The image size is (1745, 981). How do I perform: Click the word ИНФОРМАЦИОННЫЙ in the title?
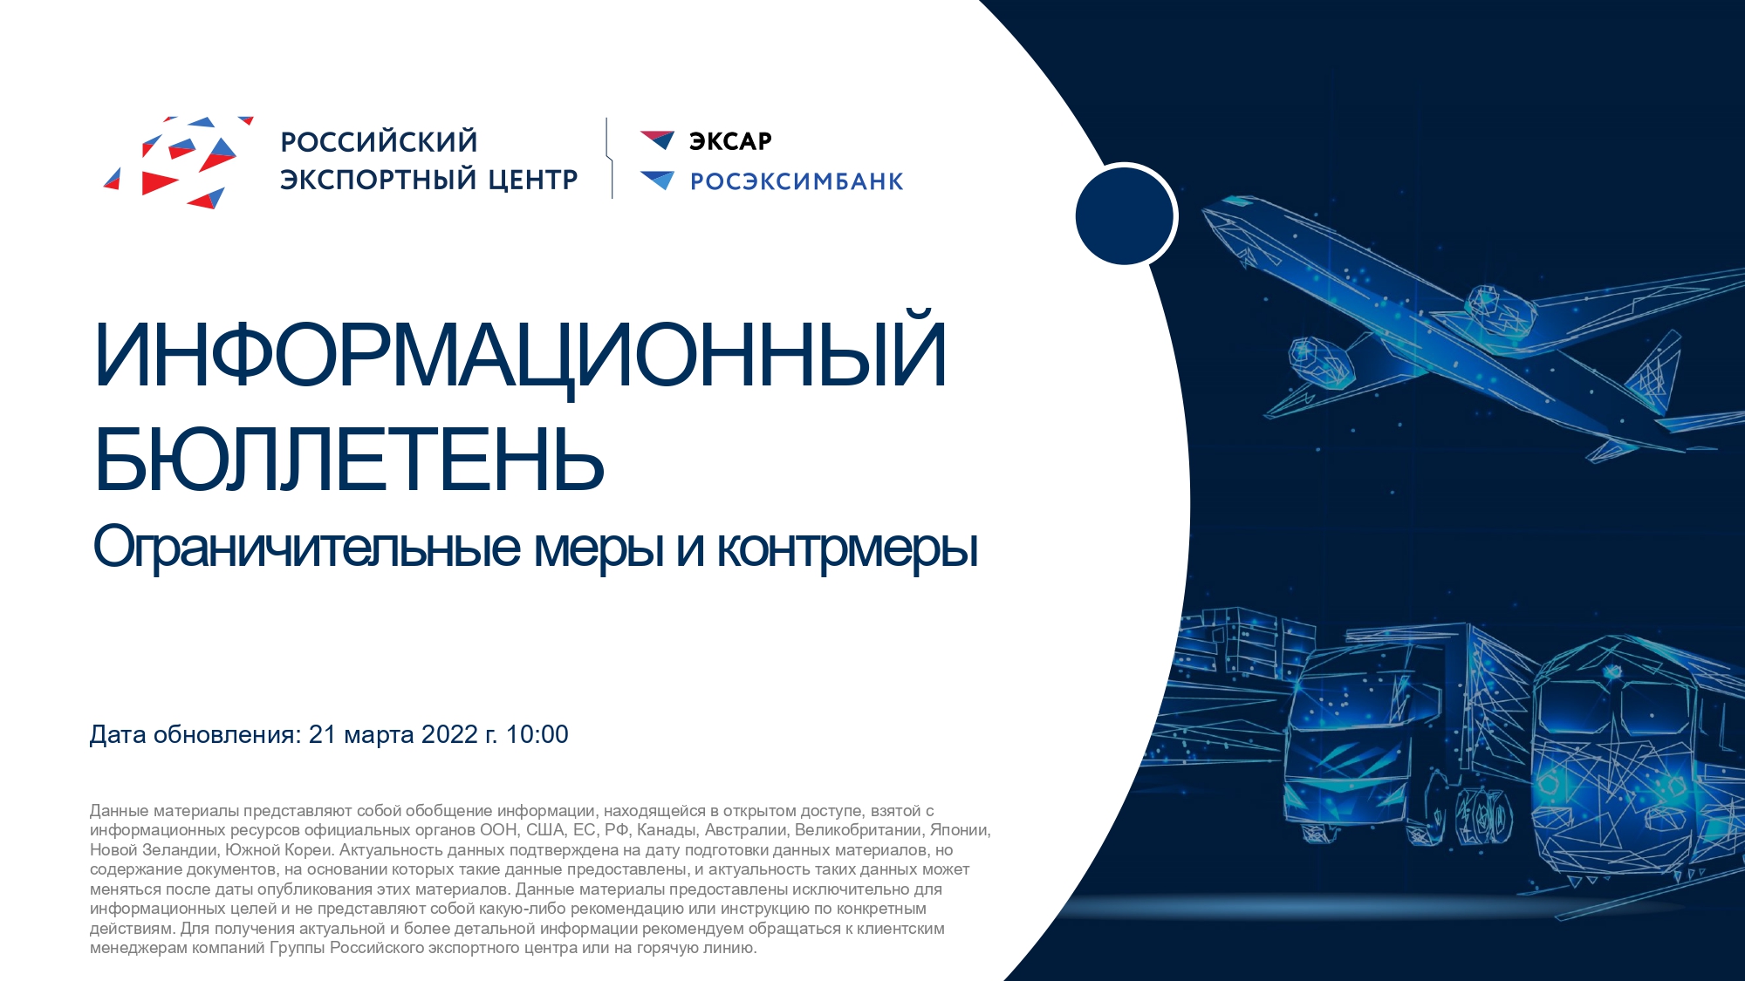pyautogui.click(x=520, y=352)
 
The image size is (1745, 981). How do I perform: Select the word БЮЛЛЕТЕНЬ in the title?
pyautogui.click(x=349, y=460)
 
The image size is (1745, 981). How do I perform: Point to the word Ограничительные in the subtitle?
pyautogui.click(x=307, y=548)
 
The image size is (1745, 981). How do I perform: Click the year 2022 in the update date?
pyautogui.click(x=449, y=734)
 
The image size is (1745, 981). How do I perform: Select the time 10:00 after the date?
pyautogui.click(x=537, y=734)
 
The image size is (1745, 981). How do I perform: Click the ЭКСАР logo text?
pyautogui.click(x=730, y=141)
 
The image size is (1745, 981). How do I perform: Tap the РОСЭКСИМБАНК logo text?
pyautogui.click(x=797, y=181)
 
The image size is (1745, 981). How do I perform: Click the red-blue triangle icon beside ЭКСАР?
pyautogui.click(x=657, y=140)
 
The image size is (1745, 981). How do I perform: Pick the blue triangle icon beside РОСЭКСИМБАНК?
pyautogui.click(x=657, y=180)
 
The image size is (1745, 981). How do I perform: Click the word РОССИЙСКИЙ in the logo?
pyautogui.click(x=379, y=141)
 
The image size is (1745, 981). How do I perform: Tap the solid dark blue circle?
pyautogui.click(x=1125, y=216)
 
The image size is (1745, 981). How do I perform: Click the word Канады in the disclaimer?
pyautogui.click(x=667, y=830)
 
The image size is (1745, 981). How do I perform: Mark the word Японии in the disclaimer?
pyautogui.click(x=960, y=830)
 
